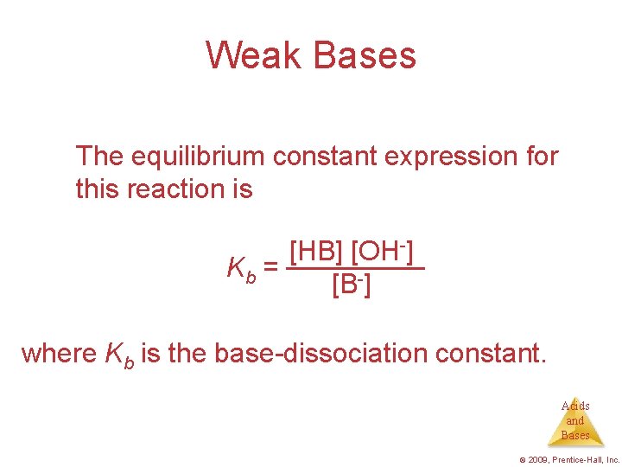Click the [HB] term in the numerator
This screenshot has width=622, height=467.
click(314, 253)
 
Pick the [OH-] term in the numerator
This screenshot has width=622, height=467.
click(382, 253)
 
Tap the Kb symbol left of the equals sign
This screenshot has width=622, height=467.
click(240, 270)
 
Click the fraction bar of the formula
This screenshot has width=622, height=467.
click(356, 268)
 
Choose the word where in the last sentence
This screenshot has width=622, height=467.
click(59, 353)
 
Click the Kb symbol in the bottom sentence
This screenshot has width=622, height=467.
click(119, 355)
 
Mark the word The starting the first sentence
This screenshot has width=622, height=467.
click(99, 157)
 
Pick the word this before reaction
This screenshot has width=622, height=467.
click(96, 189)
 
